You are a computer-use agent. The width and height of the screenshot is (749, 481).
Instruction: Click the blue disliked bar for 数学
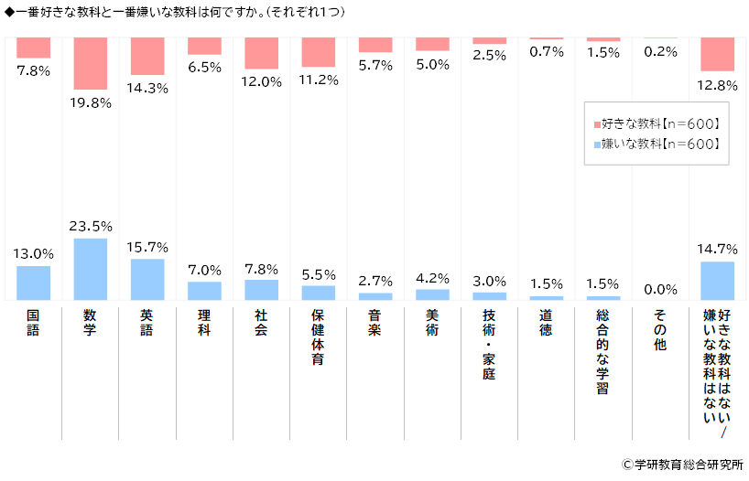[91, 269]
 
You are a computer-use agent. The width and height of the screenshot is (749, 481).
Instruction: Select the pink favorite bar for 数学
[91, 62]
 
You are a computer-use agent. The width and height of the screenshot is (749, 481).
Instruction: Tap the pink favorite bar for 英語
[147, 56]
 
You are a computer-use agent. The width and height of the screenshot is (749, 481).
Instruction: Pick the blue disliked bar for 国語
[34, 283]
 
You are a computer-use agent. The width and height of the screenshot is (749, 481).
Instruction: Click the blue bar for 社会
[261, 289]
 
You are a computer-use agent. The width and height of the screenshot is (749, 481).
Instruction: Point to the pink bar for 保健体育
[319, 51]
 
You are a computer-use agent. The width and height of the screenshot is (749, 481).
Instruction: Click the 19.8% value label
[91, 102]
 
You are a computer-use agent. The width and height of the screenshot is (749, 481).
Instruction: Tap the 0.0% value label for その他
[660, 289]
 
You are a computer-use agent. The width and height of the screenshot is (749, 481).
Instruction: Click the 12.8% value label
[717, 85]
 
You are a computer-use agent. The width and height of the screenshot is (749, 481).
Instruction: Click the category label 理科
[204, 323]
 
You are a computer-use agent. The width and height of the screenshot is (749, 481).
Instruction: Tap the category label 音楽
[375, 323]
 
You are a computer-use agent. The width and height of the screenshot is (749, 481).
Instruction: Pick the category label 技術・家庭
[489, 343]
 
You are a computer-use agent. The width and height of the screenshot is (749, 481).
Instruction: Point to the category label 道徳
[546, 323]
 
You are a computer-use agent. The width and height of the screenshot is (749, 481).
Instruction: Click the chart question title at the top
[175, 11]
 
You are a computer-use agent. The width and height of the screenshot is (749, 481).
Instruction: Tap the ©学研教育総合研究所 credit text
[681, 465]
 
